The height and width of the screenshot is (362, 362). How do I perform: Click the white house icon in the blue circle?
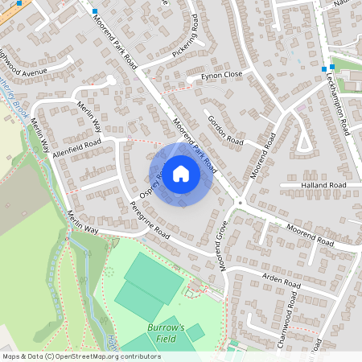coord(181,173)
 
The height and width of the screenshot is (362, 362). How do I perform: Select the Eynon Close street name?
coord(221,75)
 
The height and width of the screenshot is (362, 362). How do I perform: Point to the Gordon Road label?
coord(224,128)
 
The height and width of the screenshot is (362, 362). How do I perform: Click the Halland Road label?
coord(324,185)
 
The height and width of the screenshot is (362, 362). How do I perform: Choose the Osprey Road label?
coord(152,183)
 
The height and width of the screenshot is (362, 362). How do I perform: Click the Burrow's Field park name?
coord(166,333)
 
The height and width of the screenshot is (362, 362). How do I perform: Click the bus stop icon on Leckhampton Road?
coord(331,68)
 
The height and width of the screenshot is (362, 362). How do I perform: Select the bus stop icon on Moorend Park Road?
coord(94,12)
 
